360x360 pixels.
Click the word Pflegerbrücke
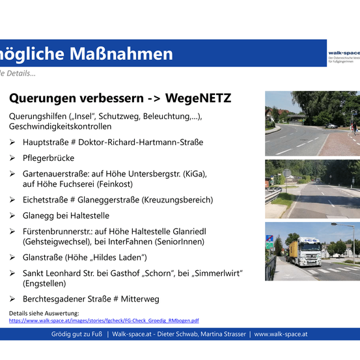pyautogui.click(x=49, y=158)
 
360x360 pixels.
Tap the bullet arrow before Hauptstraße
pyautogui.click(x=12, y=143)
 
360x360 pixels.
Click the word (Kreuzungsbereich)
pyautogui.click(x=175, y=200)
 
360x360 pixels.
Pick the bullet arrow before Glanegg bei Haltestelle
pyautogui.click(x=12, y=215)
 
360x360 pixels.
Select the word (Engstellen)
pyautogui.click(x=47, y=284)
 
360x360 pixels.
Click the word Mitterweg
pyautogui.click(x=138, y=299)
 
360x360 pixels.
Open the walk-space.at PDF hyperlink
pyautogui.click(x=104, y=320)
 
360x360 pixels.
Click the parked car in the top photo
pyautogui.click(x=331, y=125)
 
